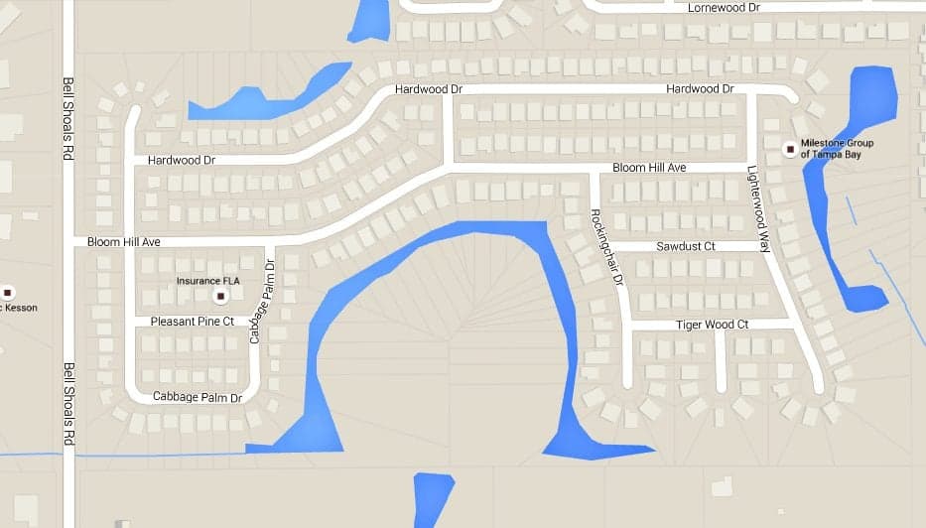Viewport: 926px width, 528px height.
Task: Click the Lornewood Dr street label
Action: point(724,8)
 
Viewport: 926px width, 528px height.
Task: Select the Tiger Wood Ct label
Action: point(712,325)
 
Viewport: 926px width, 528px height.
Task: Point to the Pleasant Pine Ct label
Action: point(192,322)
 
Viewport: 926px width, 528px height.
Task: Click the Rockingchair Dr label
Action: point(604,247)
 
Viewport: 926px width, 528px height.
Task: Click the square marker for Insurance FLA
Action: point(221,296)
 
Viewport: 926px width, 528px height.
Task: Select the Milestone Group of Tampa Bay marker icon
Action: point(790,150)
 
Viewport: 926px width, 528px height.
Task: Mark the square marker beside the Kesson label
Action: point(8,292)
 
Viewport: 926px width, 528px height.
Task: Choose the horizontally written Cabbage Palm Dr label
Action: point(198,398)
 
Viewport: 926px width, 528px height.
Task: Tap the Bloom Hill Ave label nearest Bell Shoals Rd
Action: point(123,242)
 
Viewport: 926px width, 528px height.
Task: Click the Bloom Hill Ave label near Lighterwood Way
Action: point(649,168)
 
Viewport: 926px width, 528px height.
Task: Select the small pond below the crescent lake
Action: point(433,498)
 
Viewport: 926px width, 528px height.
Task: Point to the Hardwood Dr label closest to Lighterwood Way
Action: point(700,88)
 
